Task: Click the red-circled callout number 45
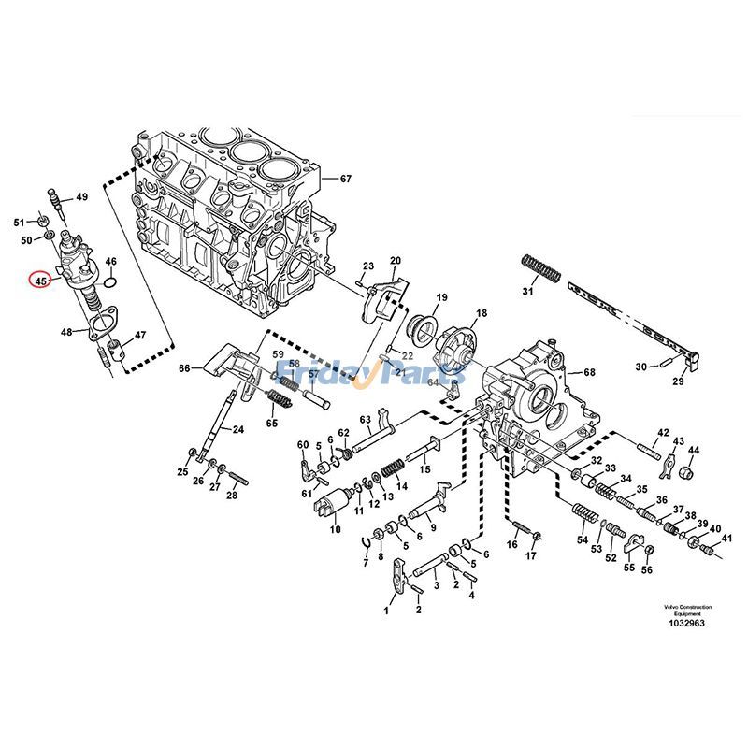40,280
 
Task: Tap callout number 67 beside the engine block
345,179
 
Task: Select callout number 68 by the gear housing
589,373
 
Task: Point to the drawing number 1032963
688,622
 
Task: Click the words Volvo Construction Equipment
688,610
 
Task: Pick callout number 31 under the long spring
527,293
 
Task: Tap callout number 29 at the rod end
679,381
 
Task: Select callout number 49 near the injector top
81,197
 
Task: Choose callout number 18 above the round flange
482,314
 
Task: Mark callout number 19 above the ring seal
441,296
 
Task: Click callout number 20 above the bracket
395,260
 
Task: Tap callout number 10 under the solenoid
335,529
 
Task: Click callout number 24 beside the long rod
238,430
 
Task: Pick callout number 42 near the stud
663,433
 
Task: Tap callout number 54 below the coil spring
582,540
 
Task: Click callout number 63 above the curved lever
366,419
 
